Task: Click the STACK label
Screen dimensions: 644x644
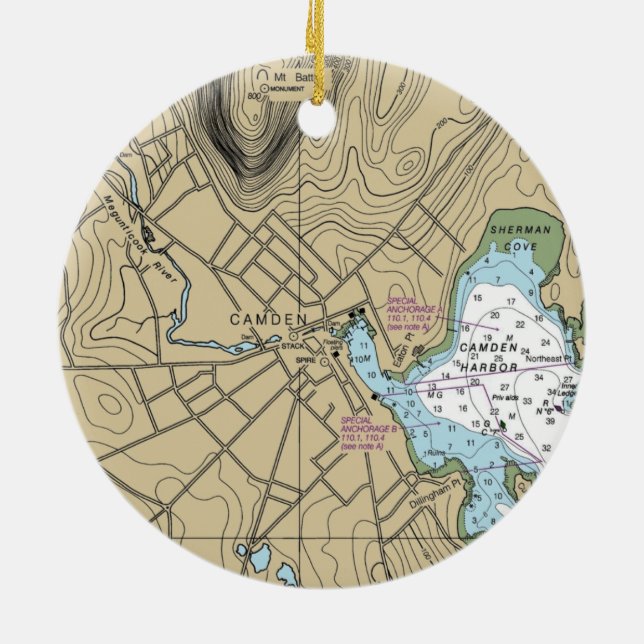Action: [x=292, y=346]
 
